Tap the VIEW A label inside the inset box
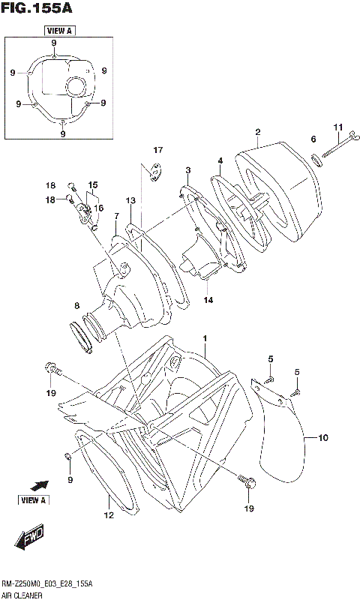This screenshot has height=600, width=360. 58,31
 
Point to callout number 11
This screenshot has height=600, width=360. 337,127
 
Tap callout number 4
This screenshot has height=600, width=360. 220,160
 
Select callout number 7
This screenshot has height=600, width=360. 116,217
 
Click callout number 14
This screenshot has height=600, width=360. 207,300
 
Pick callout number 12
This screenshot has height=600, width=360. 109,515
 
